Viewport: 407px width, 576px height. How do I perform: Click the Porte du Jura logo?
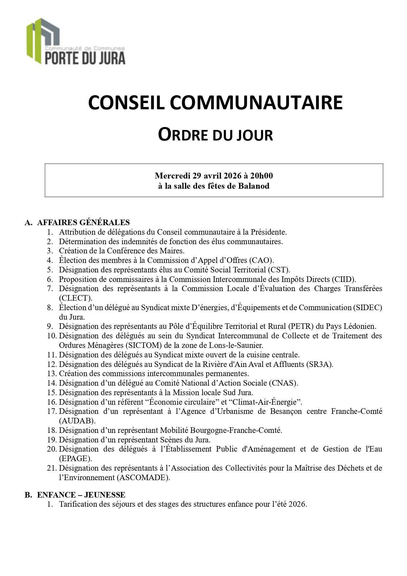(76, 41)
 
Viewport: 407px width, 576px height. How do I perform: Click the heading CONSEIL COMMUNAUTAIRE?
(215, 103)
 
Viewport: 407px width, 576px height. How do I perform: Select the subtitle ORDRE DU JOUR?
(215, 135)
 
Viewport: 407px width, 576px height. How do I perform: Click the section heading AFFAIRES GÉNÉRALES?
(83, 223)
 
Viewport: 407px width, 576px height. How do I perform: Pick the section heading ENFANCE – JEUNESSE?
(81, 495)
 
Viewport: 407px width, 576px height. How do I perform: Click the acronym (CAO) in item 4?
(261, 261)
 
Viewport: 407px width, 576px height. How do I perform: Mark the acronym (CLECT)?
(75, 298)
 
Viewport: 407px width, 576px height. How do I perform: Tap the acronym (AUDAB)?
(77, 421)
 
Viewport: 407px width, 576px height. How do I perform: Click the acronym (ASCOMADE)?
(143, 478)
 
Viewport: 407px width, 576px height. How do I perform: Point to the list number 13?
(52, 373)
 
